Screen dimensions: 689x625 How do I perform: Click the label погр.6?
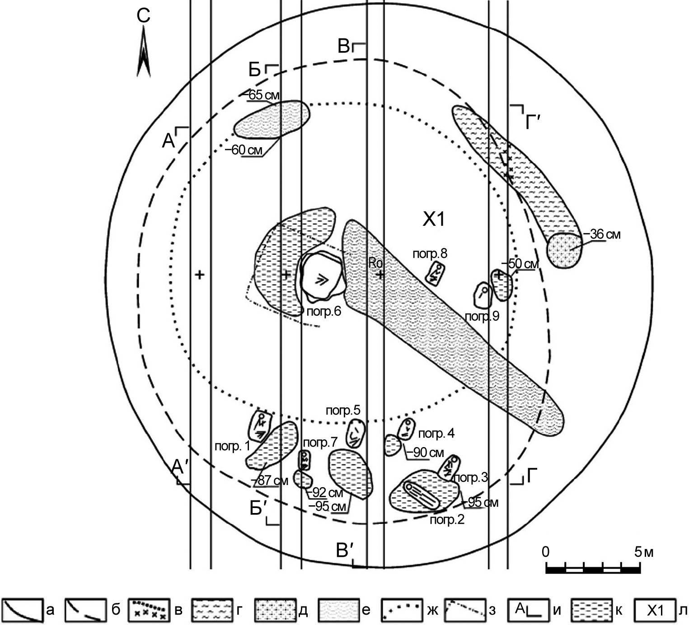tap(324, 312)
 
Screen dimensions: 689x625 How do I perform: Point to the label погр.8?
tap(430, 254)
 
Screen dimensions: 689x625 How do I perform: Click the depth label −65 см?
tap(263, 95)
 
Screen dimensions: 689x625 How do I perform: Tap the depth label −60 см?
tap(244, 150)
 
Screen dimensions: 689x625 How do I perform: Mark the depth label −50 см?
tap(520, 264)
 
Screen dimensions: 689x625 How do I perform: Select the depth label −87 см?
tap(269, 480)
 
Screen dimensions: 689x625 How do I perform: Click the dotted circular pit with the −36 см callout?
tap(565, 250)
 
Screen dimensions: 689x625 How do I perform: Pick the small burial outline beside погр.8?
tap(435, 273)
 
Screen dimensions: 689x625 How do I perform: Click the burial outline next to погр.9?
tap(483, 295)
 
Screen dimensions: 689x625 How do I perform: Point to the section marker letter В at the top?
tap(344, 46)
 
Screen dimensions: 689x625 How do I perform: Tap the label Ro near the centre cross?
tap(375, 263)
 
